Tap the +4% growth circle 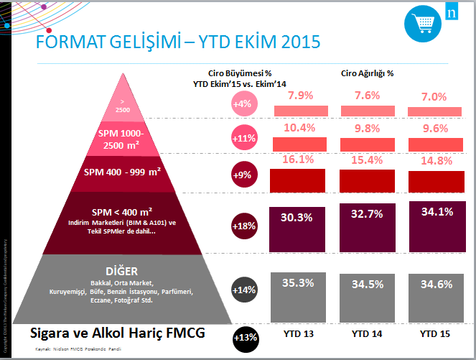tap(242, 104)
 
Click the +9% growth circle tap(242, 174)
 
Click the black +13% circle tap(245, 336)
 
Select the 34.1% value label tap(435, 212)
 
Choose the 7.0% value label tap(433, 96)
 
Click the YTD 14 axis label tap(367, 334)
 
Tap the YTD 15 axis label tap(436, 334)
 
